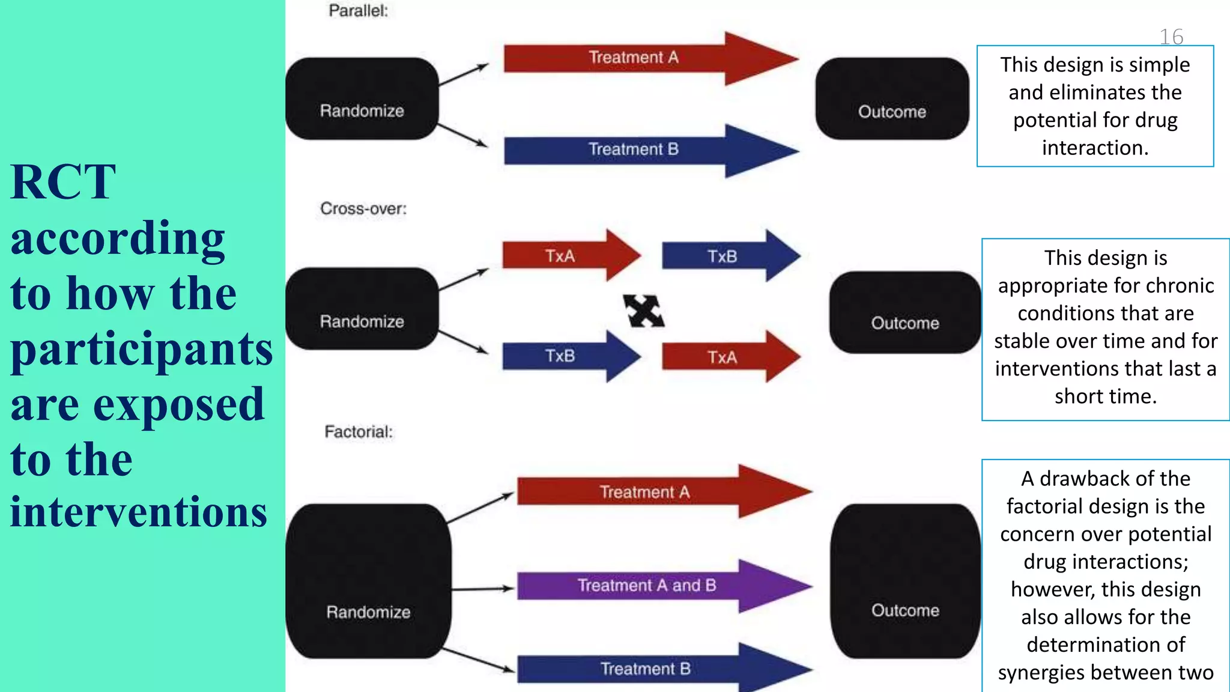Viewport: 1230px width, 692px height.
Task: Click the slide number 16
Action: [x=1171, y=37]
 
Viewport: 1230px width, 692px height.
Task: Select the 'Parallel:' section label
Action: [x=359, y=11]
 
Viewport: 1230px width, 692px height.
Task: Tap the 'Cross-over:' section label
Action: [x=363, y=208]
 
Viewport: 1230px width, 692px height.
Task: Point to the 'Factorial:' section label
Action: [x=359, y=431]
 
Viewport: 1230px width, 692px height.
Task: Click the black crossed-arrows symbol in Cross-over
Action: [x=643, y=311]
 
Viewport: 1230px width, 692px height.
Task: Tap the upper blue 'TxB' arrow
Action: [x=724, y=256]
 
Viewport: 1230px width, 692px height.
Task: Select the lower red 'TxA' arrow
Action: [x=724, y=357]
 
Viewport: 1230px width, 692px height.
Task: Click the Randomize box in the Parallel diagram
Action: [x=362, y=99]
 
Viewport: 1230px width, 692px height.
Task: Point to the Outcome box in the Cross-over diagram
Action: [x=905, y=312]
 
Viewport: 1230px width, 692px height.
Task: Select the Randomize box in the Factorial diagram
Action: [x=368, y=581]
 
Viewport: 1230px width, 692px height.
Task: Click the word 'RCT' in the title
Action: [x=63, y=182]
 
